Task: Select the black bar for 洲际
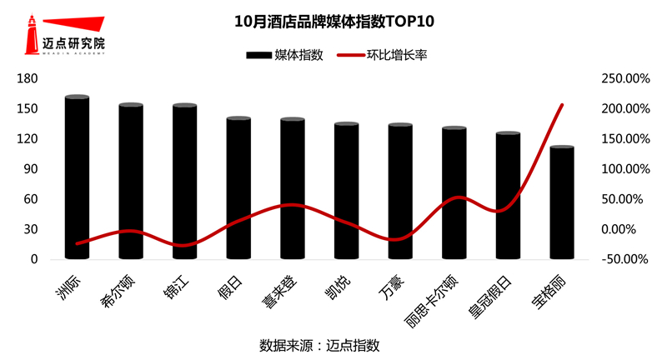click(x=77, y=179)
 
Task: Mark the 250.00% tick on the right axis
click(x=624, y=78)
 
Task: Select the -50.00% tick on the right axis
click(x=624, y=259)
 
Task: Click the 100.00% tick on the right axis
click(x=624, y=169)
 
